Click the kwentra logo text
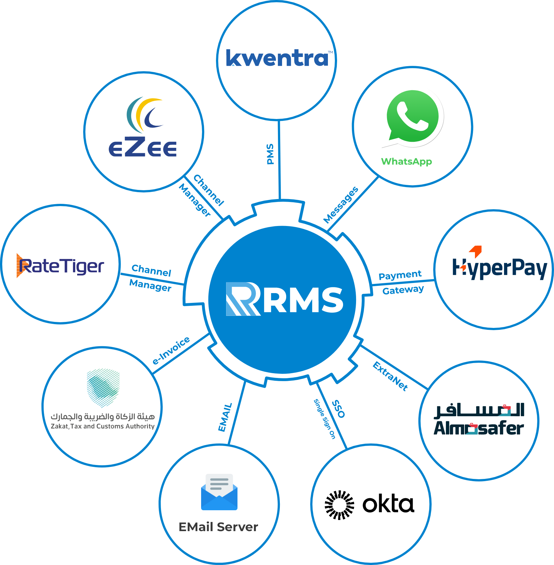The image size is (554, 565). pyautogui.click(x=277, y=59)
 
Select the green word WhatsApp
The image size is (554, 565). pyautogui.click(x=406, y=161)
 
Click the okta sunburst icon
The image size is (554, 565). pyautogui.click(x=339, y=505)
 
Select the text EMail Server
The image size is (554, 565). pyautogui.click(x=218, y=527)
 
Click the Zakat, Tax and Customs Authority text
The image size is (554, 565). pyautogui.click(x=103, y=426)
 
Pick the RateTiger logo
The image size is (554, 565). pyautogui.click(x=60, y=266)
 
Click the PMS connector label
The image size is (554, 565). pyautogui.click(x=270, y=154)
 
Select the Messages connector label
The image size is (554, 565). pyautogui.click(x=341, y=205)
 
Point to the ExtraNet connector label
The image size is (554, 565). pyautogui.click(x=390, y=376)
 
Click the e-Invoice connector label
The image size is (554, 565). pyautogui.click(x=171, y=350)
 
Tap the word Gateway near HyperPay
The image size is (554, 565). pyautogui.click(x=403, y=290)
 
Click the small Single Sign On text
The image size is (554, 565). pyautogui.click(x=324, y=419)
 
